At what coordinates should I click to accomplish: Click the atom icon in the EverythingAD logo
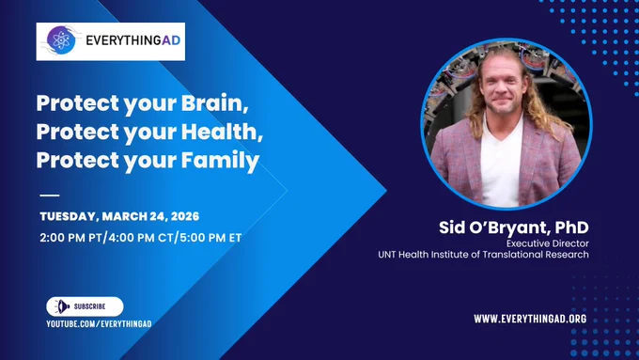(61, 40)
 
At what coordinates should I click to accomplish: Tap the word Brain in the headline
(215, 103)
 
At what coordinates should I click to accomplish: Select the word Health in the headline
(222, 132)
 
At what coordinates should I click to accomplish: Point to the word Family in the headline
(220, 161)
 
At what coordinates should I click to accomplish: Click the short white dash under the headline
(50, 196)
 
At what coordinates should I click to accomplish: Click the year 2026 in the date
(185, 216)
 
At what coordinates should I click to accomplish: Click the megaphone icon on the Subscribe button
(62, 306)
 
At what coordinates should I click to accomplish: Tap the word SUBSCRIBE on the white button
(89, 306)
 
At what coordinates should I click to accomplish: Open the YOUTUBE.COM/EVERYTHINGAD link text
(99, 324)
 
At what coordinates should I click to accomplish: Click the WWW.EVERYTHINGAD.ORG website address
(530, 319)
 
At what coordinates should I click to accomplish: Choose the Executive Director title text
(548, 243)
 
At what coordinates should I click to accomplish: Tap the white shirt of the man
(501, 167)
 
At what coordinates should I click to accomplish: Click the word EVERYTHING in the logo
(123, 40)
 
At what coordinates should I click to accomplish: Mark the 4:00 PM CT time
(141, 238)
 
